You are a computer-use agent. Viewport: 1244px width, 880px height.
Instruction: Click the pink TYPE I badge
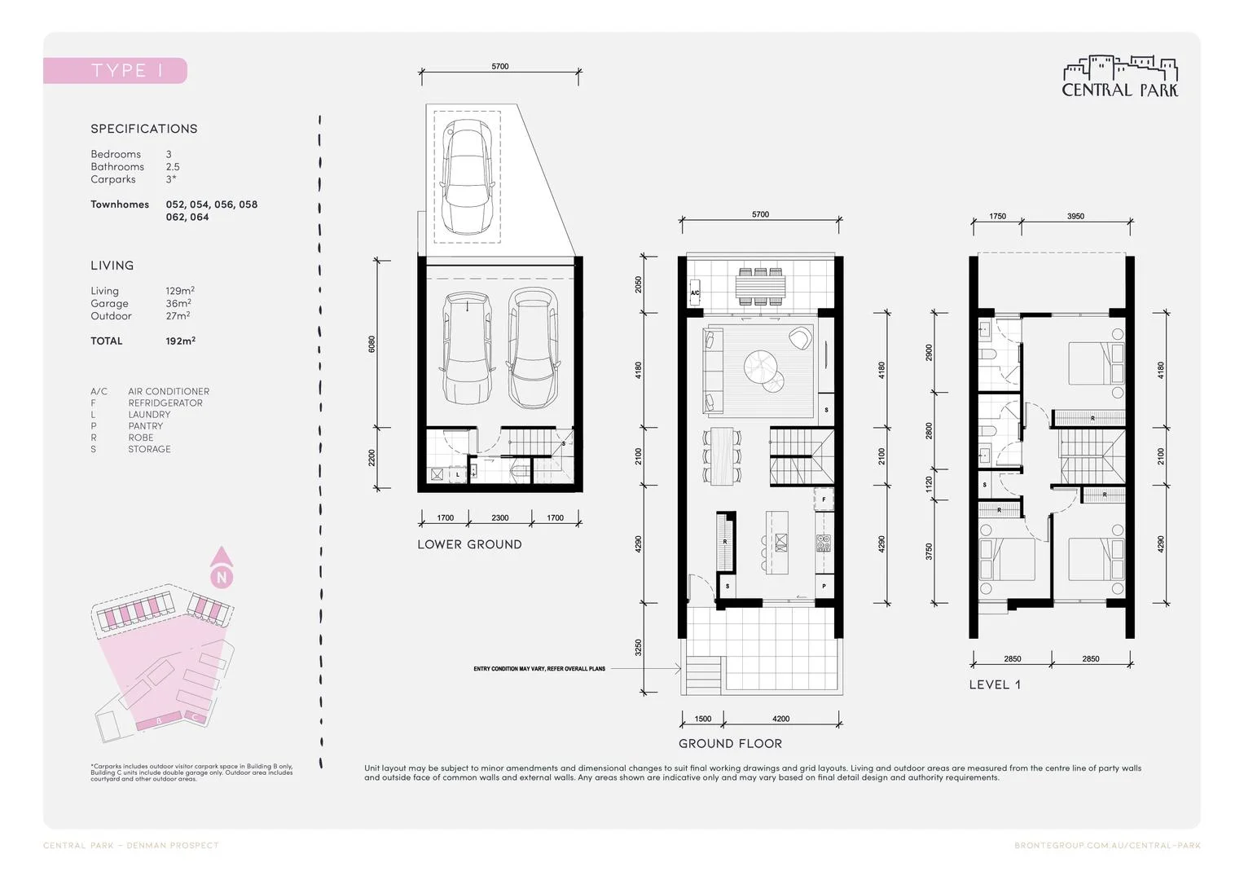click(115, 71)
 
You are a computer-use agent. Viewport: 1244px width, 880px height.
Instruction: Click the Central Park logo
click(1120, 77)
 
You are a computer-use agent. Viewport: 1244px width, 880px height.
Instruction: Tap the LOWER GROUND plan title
click(469, 544)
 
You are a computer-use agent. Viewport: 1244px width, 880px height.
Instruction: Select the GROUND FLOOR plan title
click(730, 743)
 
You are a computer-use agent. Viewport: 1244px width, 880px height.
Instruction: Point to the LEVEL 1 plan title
click(994, 684)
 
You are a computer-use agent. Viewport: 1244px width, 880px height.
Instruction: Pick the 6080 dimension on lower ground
click(372, 343)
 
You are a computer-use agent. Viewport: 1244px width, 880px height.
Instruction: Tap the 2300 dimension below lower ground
click(500, 518)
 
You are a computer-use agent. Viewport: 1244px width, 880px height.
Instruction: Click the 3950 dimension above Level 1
click(1075, 217)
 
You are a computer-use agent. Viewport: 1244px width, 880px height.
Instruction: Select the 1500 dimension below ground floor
click(702, 719)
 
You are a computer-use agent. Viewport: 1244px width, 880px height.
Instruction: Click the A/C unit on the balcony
click(695, 293)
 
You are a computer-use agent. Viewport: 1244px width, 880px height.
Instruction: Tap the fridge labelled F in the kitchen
click(824, 499)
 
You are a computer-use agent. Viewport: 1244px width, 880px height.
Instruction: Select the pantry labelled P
click(824, 586)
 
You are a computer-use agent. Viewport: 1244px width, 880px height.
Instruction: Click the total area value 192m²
click(180, 341)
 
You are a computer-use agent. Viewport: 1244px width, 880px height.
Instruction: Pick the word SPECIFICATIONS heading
click(144, 129)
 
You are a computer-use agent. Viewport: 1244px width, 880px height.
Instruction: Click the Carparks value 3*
click(171, 179)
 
